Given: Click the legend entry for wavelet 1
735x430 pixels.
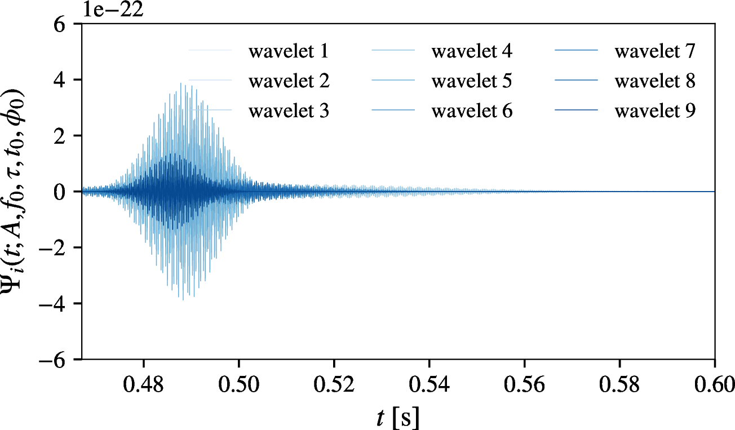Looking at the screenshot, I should click(x=288, y=52).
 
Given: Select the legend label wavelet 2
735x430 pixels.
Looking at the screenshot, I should click(x=288, y=81).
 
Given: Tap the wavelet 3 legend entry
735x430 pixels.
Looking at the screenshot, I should click(x=288, y=111).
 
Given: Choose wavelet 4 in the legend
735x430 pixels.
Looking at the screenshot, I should click(x=471, y=52).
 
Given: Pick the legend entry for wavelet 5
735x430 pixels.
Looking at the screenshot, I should click(x=471, y=81).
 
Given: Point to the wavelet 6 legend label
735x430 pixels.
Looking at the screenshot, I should click(x=471, y=111).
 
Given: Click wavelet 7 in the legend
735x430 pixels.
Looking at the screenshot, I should click(x=655, y=52).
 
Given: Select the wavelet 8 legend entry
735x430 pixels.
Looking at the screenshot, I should click(x=655, y=81).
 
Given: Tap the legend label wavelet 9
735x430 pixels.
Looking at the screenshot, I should click(x=655, y=111).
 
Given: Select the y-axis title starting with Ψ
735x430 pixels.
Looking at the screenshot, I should click(x=21, y=192).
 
